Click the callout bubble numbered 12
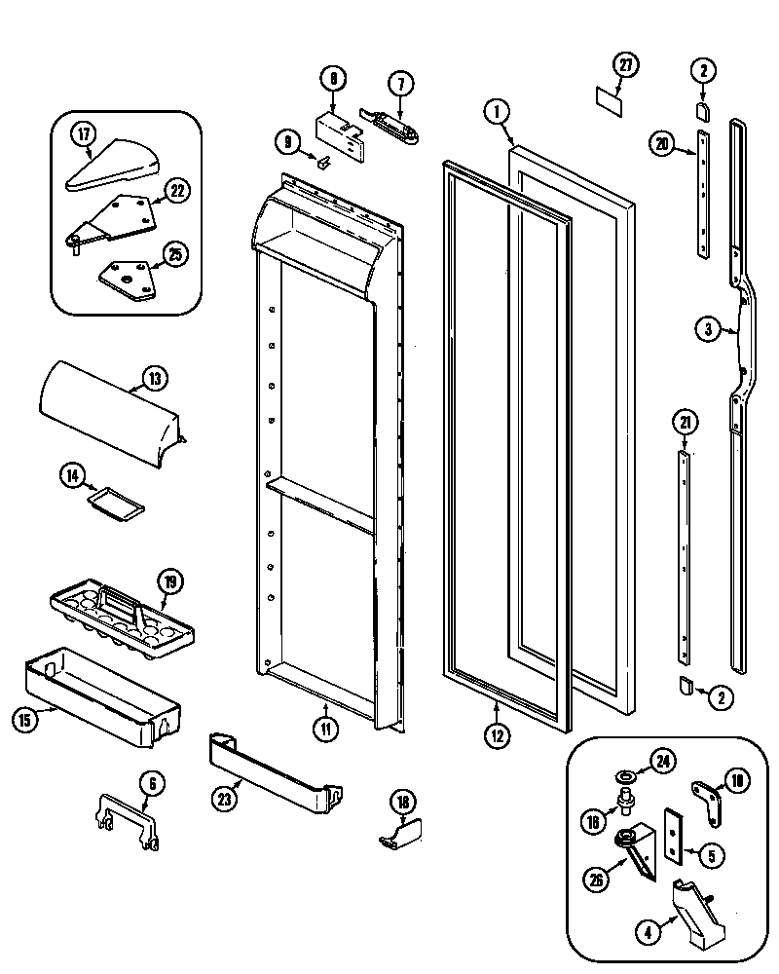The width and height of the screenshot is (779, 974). (x=497, y=735)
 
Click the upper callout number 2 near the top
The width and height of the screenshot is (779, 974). (x=703, y=69)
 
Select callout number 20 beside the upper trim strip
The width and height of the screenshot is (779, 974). (x=661, y=145)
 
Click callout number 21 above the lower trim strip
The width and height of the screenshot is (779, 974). (x=685, y=422)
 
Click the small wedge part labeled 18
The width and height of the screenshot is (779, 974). (x=400, y=832)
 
